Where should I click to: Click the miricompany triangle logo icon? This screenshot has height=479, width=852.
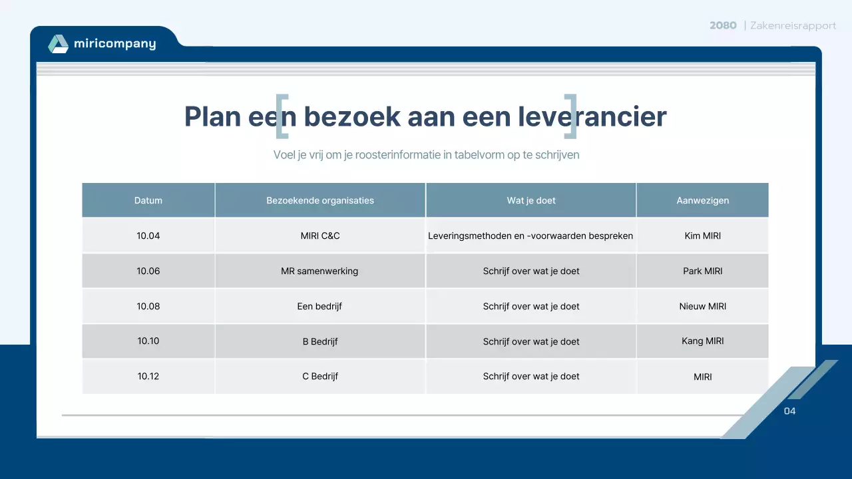click(x=59, y=44)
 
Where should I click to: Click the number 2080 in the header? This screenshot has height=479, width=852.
click(x=723, y=25)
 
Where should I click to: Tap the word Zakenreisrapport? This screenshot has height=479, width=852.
click(x=793, y=25)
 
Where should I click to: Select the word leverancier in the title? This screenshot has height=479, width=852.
click(x=592, y=116)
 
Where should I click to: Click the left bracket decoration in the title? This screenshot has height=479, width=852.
click(x=282, y=116)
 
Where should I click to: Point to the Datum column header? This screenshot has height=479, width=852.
click(x=148, y=200)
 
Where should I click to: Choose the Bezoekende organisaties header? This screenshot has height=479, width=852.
click(x=320, y=200)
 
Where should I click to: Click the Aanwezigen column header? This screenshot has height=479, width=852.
click(x=702, y=200)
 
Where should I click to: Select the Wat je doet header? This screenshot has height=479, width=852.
click(x=531, y=200)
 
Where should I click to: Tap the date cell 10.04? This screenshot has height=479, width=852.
click(x=148, y=236)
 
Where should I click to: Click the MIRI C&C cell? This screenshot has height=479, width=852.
click(x=320, y=236)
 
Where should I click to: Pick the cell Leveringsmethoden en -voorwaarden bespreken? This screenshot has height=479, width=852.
click(x=531, y=236)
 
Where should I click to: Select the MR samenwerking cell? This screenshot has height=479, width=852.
click(x=319, y=271)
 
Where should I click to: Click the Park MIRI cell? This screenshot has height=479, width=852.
click(x=702, y=271)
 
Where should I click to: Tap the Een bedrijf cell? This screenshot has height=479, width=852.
click(x=319, y=306)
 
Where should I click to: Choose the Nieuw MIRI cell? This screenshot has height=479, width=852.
click(x=702, y=306)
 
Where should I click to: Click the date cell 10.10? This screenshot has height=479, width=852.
click(x=148, y=341)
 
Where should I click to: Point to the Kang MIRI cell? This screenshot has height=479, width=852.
click(x=702, y=341)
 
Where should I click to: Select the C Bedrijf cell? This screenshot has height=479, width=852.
click(x=320, y=376)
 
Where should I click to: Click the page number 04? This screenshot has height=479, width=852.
click(x=789, y=411)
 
